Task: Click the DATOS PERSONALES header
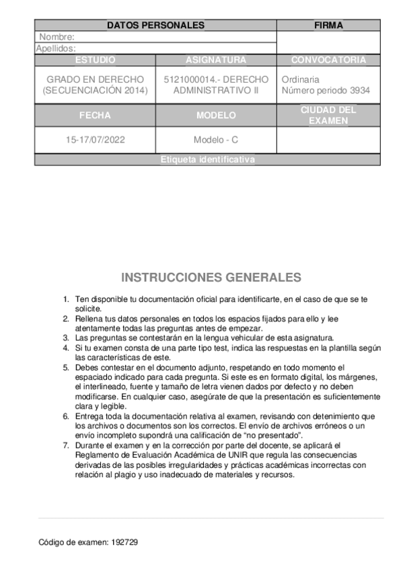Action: pyautogui.click(x=155, y=26)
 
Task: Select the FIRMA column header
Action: pyautogui.click(x=328, y=26)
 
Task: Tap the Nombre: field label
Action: pyautogui.click(x=57, y=37)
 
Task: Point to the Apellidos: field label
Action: pyautogui.click(x=55, y=48)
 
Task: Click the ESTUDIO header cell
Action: pyautogui.click(x=95, y=60)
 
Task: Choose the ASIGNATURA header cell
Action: pyautogui.click(x=216, y=60)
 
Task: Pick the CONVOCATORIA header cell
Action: pyautogui.click(x=328, y=60)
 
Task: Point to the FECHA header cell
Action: pyautogui.click(x=95, y=116)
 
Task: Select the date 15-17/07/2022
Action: pyautogui.click(x=95, y=140)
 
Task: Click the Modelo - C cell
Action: pyautogui.click(x=216, y=140)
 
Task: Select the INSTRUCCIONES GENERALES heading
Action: pyautogui.click(x=211, y=278)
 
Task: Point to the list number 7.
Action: pyautogui.click(x=66, y=445)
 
